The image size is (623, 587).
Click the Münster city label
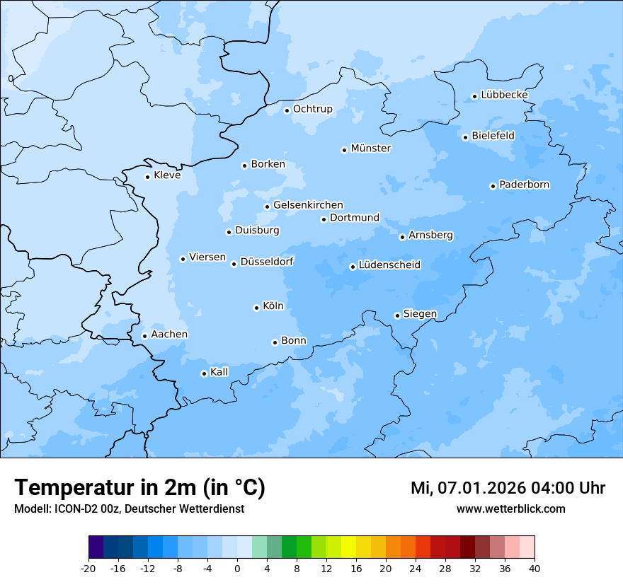(x=370, y=149)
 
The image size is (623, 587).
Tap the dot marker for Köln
(x=256, y=308)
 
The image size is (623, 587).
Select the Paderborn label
(x=524, y=185)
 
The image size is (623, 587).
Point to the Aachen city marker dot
(x=144, y=336)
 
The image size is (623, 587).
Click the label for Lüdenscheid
(x=389, y=265)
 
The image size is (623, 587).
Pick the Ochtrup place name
(x=312, y=109)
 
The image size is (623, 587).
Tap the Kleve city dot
(x=147, y=177)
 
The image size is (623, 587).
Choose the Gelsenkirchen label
(x=308, y=205)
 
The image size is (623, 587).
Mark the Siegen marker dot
(x=397, y=315)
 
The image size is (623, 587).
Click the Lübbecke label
(x=504, y=95)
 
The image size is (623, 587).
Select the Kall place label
(x=219, y=372)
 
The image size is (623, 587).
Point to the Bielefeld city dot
(x=465, y=137)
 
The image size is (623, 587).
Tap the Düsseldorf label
(x=266, y=262)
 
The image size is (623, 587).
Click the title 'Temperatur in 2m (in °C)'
(x=139, y=487)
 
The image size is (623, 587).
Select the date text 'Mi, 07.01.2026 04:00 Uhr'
(x=508, y=488)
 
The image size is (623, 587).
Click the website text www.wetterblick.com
(x=510, y=508)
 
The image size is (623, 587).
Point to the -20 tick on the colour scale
(x=88, y=568)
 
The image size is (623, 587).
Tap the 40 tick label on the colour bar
(x=535, y=568)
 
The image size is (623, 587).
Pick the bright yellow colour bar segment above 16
(x=348, y=547)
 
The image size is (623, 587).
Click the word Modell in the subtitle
(x=30, y=508)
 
